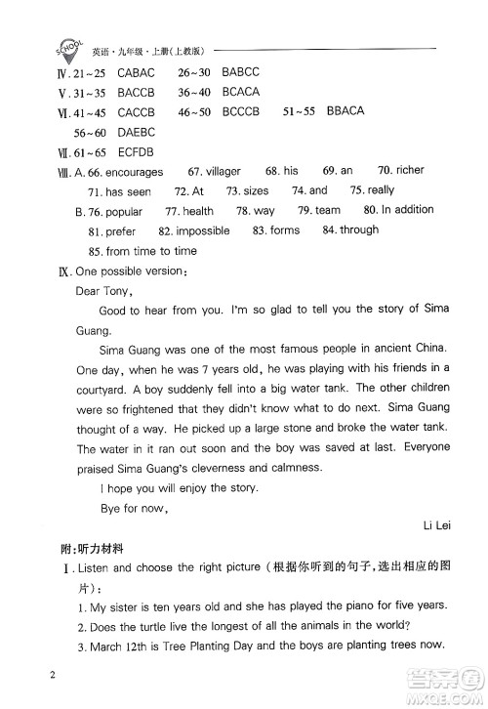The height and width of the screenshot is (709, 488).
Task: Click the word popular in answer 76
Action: pos(123,211)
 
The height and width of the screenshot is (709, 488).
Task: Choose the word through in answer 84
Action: pos(359,230)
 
